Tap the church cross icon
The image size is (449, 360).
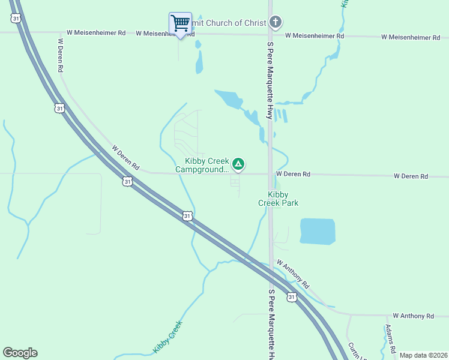(275, 23)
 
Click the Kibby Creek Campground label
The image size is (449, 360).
(203, 165)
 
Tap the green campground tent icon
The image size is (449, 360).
(238, 164)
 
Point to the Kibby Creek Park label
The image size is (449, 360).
(278, 199)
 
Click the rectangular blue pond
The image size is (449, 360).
(317, 232)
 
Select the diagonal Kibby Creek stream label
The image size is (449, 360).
(167, 337)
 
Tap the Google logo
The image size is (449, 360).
(20, 353)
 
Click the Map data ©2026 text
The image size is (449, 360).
(423, 355)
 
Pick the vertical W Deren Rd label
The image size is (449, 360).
(61, 56)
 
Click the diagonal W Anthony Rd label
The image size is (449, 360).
(292, 273)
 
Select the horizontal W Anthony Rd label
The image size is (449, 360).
(413, 316)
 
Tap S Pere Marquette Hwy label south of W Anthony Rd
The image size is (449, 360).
(271, 324)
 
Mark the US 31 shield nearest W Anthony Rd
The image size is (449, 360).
(291, 297)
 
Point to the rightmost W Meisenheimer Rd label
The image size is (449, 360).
(411, 37)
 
